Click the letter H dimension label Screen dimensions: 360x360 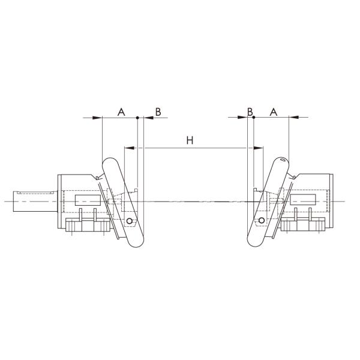(190, 140)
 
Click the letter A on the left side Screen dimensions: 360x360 (121, 112)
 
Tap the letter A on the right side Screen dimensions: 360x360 (274, 112)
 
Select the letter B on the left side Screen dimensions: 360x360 (158, 112)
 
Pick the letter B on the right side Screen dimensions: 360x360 (250, 112)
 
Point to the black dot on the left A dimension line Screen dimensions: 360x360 (137, 118)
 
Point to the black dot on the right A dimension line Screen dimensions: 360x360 (254, 118)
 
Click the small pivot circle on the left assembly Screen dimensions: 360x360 (129, 221)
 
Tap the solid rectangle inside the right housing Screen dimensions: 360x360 (302, 200)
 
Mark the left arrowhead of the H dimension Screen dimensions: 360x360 (127, 147)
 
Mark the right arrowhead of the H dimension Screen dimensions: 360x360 (260, 147)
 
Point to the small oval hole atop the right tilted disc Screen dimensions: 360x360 (283, 161)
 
